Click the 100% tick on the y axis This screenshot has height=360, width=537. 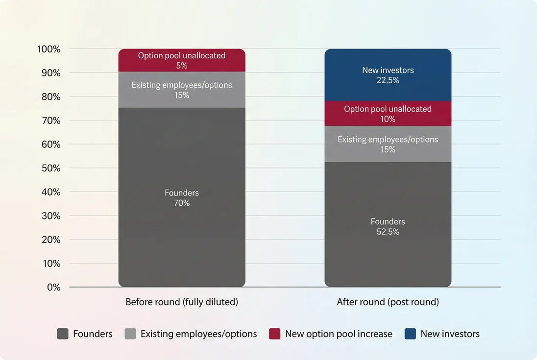click(x=49, y=49)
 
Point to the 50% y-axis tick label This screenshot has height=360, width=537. click(x=51, y=168)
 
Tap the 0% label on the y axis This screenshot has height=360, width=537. click(x=53, y=288)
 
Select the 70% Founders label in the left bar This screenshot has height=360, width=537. click(x=182, y=198)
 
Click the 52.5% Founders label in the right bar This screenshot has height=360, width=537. click(x=388, y=227)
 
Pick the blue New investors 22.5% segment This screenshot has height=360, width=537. click(x=388, y=75)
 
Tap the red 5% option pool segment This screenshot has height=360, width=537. click(x=182, y=60)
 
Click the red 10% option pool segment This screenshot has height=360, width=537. click(x=388, y=114)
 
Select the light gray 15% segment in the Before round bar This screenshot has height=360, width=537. click(x=182, y=90)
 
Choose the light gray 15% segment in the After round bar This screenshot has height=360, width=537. click(x=388, y=144)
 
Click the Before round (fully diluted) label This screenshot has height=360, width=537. click(x=182, y=302)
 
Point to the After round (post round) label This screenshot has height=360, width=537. click(x=388, y=302)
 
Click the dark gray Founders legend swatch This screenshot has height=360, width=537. click(x=63, y=334)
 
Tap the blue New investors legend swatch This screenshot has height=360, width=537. click(x=411, y=334)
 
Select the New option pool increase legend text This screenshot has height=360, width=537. click(x=339, y=334)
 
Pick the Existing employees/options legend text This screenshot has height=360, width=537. click(x=198, y=334)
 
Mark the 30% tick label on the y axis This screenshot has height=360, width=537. click(x=51, y=216)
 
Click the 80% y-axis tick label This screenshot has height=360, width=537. click(x=51, y=97)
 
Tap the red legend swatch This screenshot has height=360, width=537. click(x=275, y=334)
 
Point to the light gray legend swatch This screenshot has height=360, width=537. click(x=130, y=334)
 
